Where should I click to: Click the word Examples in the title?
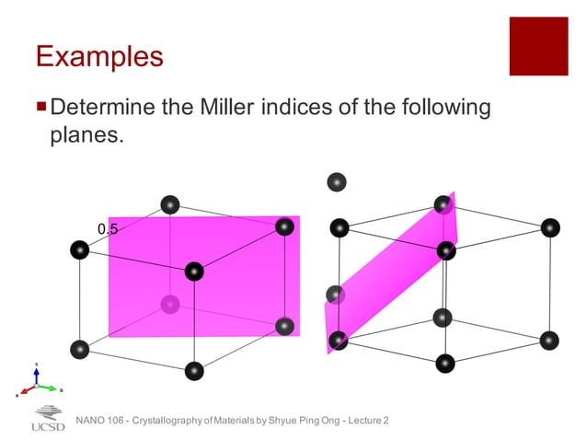point(99,57)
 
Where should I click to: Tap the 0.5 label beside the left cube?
point(108,228)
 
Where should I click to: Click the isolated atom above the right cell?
point(338,182)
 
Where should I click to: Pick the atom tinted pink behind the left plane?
point(169,303)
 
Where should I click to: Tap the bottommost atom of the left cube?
point(194,370)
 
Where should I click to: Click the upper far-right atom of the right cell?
point(550,227)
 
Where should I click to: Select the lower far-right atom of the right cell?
point(550,340)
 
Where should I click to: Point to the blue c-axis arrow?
point(36,373)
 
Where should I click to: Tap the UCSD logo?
point(48,419)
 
